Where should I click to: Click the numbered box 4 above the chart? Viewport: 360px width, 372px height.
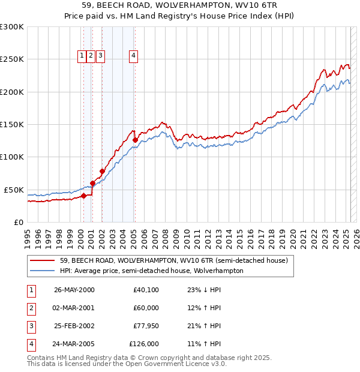point(133,56)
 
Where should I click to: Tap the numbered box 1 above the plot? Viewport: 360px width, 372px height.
point(82,56)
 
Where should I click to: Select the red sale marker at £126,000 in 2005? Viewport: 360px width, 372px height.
point(135,140)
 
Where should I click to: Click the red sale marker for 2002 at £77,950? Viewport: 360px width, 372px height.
point(102,171)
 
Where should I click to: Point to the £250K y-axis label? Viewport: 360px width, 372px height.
point(12,59)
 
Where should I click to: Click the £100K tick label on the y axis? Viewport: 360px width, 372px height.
point(12,157)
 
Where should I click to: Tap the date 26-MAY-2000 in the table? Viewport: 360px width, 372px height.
point(74,290)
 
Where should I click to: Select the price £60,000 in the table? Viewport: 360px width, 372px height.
point(146,308)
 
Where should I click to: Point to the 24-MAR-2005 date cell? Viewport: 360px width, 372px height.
point(74,344)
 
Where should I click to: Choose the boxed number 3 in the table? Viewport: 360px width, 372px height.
point(30,326)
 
